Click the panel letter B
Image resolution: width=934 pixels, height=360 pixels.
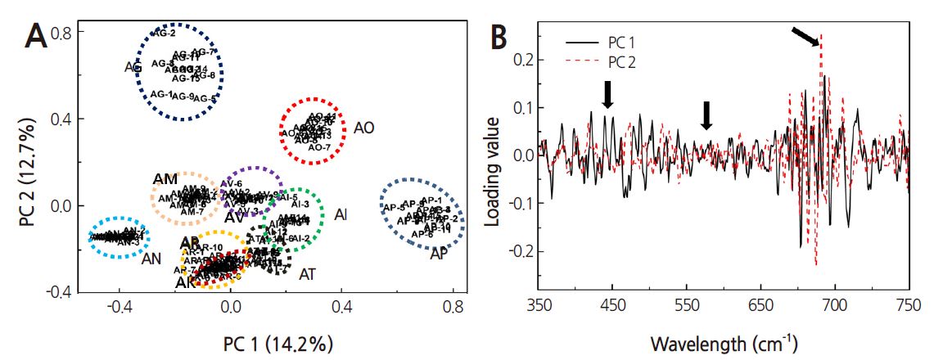tap(502, 36)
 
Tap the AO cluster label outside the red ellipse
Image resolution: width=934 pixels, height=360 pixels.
tap(365, 128)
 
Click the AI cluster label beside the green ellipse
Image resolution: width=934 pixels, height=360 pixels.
tap(341, 214)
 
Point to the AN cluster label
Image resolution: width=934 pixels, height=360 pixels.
tap(151, 259)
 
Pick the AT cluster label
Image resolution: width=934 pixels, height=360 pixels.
tap(308, 273)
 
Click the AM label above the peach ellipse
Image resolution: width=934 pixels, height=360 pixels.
tap(166, 179)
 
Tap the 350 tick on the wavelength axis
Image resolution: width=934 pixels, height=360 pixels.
tap(539, 304)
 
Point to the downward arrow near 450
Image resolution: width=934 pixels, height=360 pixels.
tap(607, 94)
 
